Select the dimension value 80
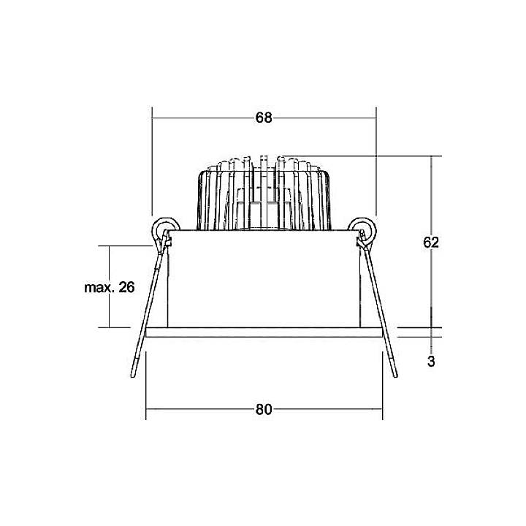click(263, 409)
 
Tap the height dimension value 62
click(431, 243)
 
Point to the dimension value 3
click(431, 361)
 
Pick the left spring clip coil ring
click(164, 227)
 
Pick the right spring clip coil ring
click(362, 227)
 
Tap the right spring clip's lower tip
click(394, 374)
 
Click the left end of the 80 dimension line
click(147, 409)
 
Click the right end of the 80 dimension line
click(382, 409)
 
